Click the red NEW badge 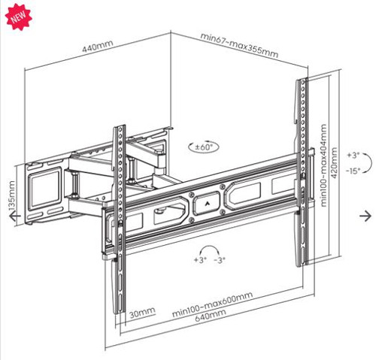(15, 15)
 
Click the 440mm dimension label (98, 46)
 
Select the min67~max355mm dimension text (239, 44)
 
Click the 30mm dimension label (141, 312)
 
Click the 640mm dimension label (210, 316)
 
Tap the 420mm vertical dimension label (335, 165)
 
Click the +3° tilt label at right (353, 155)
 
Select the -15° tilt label (353, 171)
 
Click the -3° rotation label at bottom (219, 260)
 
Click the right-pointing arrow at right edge (365, 216)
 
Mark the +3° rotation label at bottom (199, 260)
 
